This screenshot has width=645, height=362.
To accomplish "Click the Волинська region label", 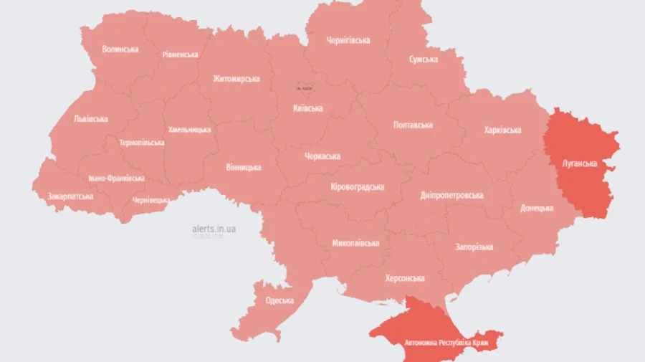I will [120, 49].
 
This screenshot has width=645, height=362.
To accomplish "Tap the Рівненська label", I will [180, 54].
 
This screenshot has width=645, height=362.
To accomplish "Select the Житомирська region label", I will [236, 78].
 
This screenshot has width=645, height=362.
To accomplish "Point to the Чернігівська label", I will [348, 40].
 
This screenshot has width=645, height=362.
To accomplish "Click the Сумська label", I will [423, 59].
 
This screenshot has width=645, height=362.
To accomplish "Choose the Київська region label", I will [308, 109].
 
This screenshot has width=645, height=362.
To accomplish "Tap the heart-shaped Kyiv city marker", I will [305, 87].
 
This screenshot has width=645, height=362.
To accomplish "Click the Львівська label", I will [90, 119].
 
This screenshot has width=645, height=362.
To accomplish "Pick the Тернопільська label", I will [141, 143].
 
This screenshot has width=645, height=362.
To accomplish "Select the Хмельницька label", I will [189, 130].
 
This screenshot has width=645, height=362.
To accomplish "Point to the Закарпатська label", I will [70, 196].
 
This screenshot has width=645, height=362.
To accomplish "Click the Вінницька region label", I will [244, 168].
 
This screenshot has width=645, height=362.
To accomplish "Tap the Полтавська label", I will [413, 125].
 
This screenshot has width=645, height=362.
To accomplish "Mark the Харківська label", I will [502, 130].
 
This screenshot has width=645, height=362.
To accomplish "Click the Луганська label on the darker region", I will [579, 163].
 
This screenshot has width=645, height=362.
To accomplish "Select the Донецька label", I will [537, 209].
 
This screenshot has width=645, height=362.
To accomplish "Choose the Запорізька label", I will [474, 247].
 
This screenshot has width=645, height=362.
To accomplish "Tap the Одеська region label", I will [279, 301].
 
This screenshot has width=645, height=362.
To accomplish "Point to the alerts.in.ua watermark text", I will [214, 229].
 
